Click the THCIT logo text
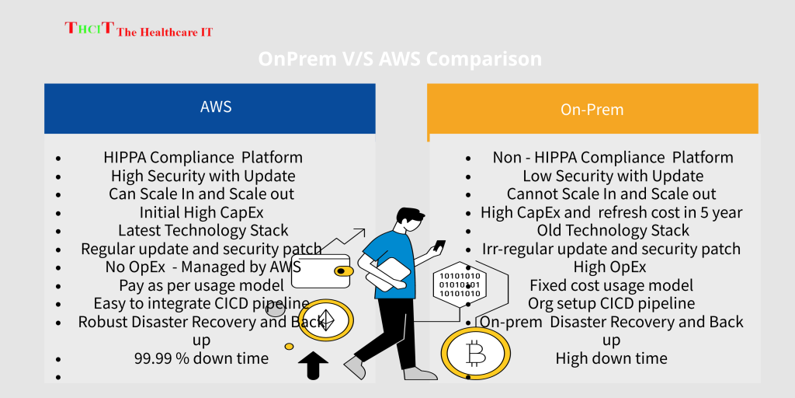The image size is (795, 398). tap(138, 30)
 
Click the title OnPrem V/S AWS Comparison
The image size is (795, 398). tap(400, 60)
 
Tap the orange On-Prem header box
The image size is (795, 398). tap(592, 110)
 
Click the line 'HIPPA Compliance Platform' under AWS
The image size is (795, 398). tap(203, 157)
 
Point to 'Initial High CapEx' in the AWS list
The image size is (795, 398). tap(203, 212)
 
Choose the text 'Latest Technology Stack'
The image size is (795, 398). tap(203, 230)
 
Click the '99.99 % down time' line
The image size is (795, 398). tap(201, 358)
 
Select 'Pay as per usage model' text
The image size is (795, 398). tap(201, 285)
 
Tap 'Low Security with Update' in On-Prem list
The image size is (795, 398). tap(613, 176)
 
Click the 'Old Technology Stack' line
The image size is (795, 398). tap(613, 230)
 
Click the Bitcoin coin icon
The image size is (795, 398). tap(475, 355)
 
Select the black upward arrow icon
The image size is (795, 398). tap(313, 366)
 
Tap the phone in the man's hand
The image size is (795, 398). tap(439, 245)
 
